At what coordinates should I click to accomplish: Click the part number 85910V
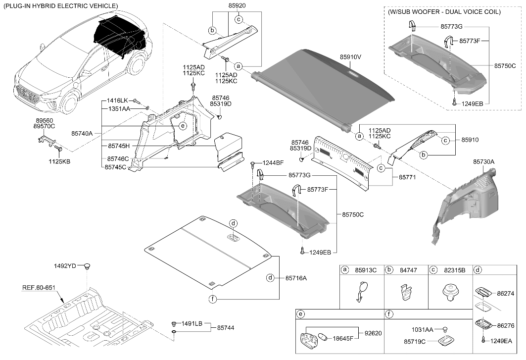point(350,57)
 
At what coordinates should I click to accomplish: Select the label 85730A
point(484,162)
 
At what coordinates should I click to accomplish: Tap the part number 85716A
point(296,278)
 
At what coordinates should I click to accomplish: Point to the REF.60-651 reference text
point(39,288)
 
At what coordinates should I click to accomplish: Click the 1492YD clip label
point(65,266)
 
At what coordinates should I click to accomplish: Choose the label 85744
point(226,328)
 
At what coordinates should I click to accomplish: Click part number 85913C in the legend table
point(366,270)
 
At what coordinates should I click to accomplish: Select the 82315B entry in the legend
point(455,270)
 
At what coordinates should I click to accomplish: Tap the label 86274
point(506,294)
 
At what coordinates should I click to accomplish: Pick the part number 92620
point(373,333)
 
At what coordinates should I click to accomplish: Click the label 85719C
point(415,342)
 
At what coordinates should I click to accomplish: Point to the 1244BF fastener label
point(273,163)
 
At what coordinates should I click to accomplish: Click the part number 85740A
point(82,134)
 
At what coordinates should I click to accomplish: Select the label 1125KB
point(59,161)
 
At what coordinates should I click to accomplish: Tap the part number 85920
point(237,6)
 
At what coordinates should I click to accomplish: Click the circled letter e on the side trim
point(183,126)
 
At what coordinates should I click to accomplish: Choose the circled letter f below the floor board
point(213,299)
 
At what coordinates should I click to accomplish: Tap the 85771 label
point(407,177)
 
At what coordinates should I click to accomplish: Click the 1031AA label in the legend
point(423,330)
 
